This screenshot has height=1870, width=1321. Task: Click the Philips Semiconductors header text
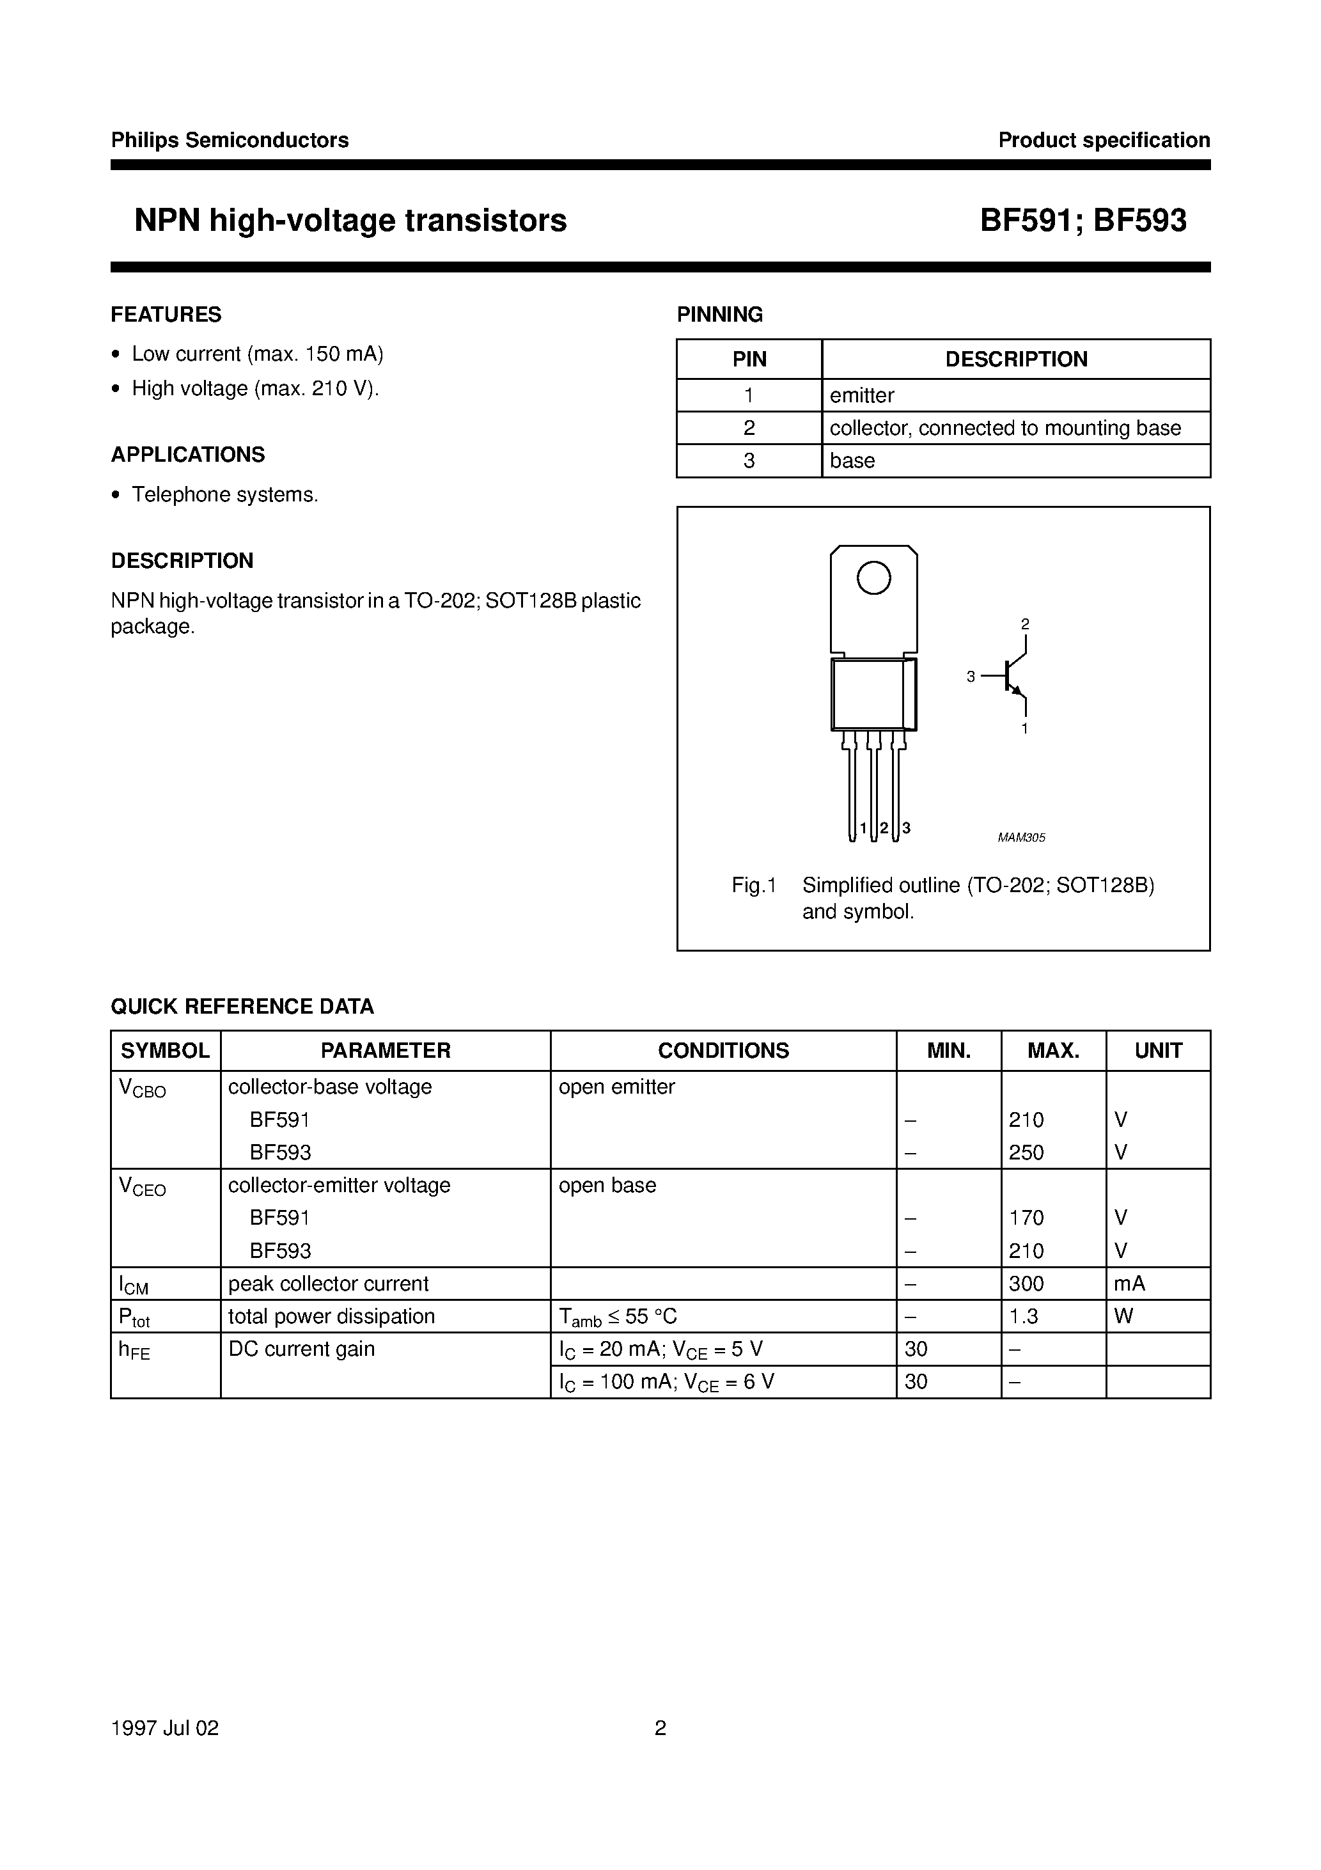click(230, 140)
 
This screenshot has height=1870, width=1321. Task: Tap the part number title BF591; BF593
click(1083, 221)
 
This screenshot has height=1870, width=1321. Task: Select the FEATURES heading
click(166, 315)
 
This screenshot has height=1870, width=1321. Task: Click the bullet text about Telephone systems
click(225, 494)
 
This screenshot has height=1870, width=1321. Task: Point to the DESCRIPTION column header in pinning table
click(1015, 359)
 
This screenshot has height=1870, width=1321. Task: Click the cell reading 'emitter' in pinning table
click(862, 396)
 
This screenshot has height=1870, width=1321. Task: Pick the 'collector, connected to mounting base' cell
click(1005, 428)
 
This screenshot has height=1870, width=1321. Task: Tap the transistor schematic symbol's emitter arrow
click(1015, 691)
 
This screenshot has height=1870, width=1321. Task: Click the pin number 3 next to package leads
click(907, 828)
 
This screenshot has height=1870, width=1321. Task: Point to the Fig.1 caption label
click(754, 885)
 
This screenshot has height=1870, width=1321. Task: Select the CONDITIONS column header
click(723, 1051)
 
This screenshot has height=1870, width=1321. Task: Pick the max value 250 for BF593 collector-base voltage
click(1026, 1152)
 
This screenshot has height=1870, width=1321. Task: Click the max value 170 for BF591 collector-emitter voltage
click(1026, 1218)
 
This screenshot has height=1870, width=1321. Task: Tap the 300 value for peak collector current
click(1026, 1284)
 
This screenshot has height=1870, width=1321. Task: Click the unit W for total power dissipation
click(1123, 1316)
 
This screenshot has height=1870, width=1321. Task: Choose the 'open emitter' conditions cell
click(616, 1087)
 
